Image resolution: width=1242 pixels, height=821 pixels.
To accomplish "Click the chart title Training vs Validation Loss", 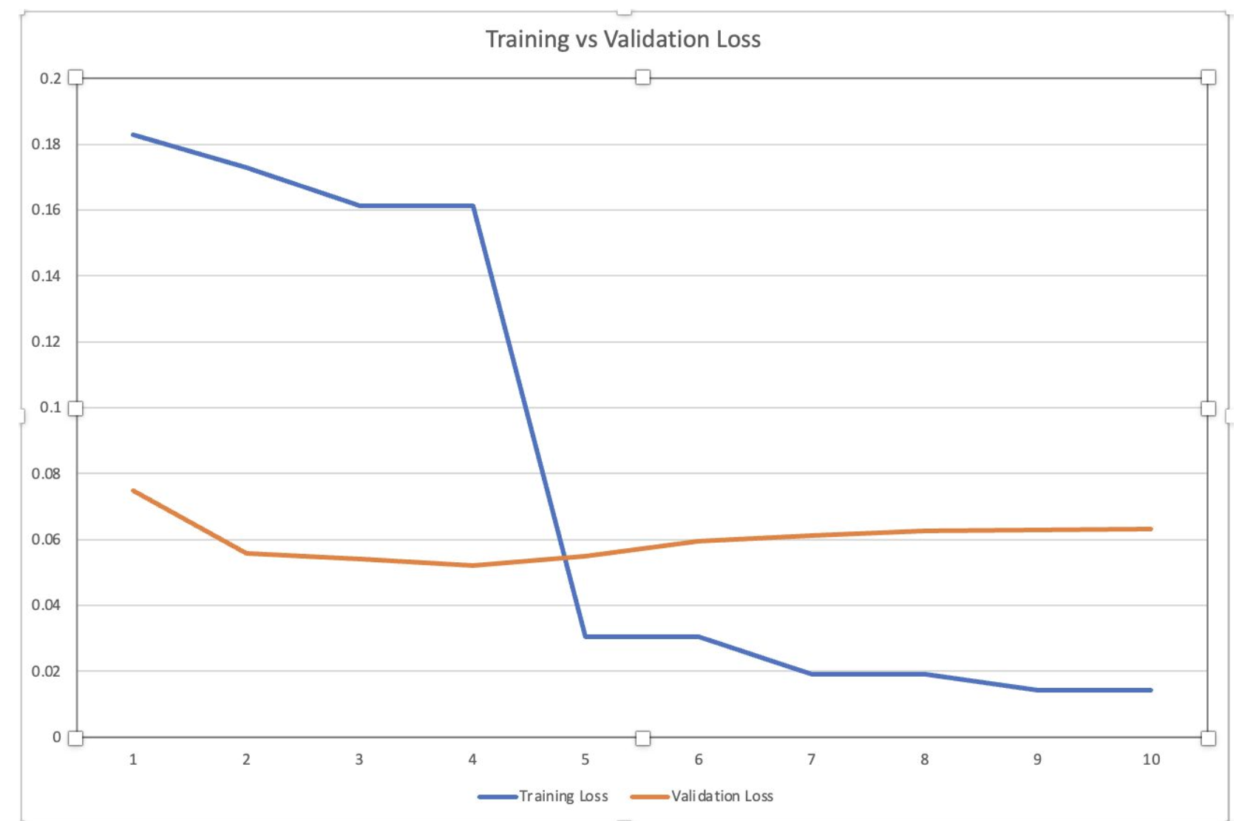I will [x=622, y=39].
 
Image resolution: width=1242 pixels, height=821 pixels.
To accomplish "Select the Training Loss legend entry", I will [x=563, y=797].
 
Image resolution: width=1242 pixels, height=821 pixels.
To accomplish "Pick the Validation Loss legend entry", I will [x=722, y=797].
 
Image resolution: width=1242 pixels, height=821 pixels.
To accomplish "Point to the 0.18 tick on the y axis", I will [x=46, y=144].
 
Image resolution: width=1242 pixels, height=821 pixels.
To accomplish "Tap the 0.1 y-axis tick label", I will [x=50, y=408].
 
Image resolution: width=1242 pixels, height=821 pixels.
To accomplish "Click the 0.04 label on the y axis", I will [x=46, y=605].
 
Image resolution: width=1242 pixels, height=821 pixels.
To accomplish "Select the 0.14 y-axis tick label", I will [x=46, y=276].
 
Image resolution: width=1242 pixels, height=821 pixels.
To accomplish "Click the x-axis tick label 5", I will [x=586, y=760].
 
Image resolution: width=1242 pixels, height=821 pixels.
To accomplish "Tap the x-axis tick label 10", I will [x=1151, y=760].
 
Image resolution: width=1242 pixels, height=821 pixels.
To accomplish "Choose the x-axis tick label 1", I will [x=133, y=760].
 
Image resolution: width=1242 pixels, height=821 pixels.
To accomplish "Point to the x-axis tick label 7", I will [x=812, y=760].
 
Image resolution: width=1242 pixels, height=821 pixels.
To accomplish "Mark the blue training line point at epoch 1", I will [x=133, y=135].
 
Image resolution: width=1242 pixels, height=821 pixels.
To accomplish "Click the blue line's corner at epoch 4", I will [x=472, y=206].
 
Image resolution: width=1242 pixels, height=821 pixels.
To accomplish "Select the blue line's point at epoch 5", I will [x=586, y=636].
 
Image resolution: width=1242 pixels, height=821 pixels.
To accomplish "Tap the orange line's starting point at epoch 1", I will [x=133, y=490].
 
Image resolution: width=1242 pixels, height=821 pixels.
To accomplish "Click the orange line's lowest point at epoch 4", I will [x=472, y=566].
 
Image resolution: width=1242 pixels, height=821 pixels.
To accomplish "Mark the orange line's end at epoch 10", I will [x=1151, y=529].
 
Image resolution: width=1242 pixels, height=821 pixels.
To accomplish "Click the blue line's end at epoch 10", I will [x=1151, y=690].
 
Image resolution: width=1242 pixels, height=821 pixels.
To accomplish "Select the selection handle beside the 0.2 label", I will [x=75, y=78].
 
